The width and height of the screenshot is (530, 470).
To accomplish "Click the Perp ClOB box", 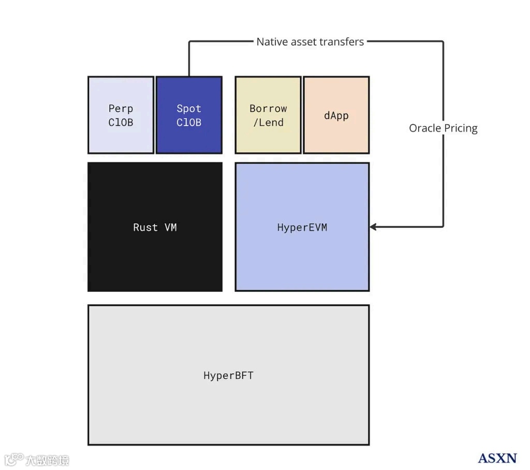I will tap(121, 115).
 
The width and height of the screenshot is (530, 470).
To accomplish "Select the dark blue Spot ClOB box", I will tap(189, 115).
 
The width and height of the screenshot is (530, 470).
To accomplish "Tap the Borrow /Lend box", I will tap(268, 115).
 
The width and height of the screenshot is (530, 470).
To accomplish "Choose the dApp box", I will tap(336, 115).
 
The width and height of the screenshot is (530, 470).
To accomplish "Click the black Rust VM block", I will tap(155, 227).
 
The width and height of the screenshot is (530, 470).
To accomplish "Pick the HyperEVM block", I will tap(302, 227).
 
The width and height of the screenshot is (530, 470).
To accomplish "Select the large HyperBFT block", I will tap(228, 375).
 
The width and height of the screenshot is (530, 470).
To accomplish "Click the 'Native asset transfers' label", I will tap(310, 41).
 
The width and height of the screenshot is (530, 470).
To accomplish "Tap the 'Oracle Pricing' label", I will tap(443, 128).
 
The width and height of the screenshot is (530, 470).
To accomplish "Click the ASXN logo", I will tap(497, 458).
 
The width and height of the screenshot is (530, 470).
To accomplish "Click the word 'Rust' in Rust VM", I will tap(145, 227).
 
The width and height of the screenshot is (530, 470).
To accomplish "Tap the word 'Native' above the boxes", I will tap(272, 41).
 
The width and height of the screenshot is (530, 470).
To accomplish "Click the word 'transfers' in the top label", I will tap(343, 41).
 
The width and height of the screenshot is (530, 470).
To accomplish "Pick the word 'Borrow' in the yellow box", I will tap(268, 109).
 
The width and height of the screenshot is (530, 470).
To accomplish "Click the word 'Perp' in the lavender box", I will tap(121, 109).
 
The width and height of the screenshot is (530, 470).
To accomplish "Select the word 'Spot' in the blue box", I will tap(189, 109).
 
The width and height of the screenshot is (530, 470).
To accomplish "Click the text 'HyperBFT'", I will tap(228, 375).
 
